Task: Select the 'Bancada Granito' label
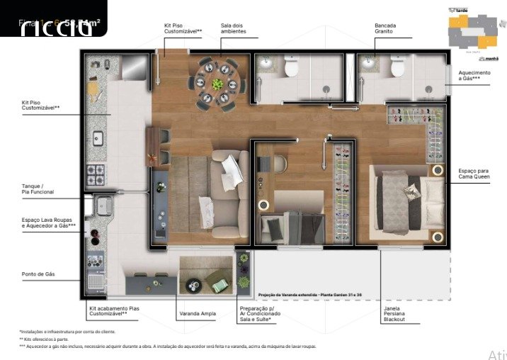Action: [x=386, y=28]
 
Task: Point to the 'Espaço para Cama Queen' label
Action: [x=473, y=174]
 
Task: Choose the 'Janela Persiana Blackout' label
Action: [x=395, y=315]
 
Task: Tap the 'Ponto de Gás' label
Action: [x=38, y=273]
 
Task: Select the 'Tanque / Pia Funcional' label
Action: [x=38, y=189]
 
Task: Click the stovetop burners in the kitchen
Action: [x=95, y=173]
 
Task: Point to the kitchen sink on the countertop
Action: [x=97, y=137]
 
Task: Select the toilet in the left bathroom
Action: [x=291, y=68]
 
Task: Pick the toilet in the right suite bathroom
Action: [x=397, y=68]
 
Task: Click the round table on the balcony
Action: [x=193, y=285]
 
